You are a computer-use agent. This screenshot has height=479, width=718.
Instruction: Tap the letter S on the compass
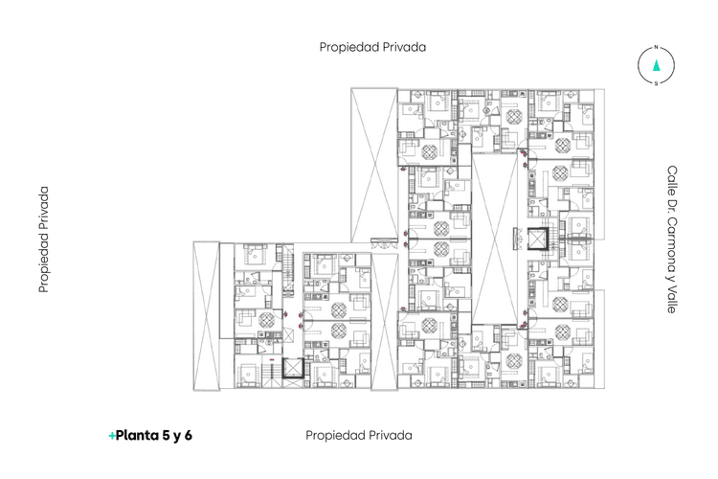click(656, 83)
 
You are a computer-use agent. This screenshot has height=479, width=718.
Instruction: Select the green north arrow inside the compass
click(656, 65)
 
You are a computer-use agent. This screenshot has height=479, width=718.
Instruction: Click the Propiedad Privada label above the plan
click(372, 46)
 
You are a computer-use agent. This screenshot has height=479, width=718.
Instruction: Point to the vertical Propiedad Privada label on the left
click(43, 239)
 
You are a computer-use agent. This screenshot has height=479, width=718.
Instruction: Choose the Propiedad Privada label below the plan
click(358, 435)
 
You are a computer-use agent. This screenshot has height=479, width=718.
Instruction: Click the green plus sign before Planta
click(112, 436)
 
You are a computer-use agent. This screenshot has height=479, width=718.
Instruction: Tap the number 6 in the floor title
click(189, 435)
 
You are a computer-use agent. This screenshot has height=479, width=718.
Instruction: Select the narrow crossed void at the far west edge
click(206, 315)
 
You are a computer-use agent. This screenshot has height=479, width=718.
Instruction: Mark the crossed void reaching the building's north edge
click(372, 163)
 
